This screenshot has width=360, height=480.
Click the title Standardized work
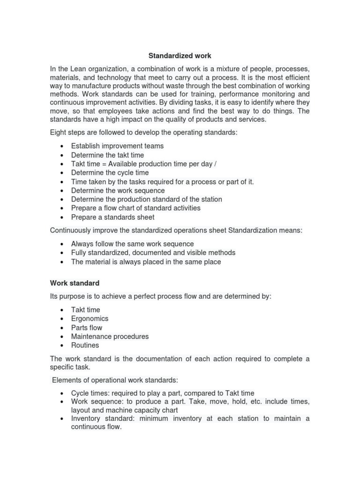click(x=180, y=56)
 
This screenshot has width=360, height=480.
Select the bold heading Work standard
click(x=75, y=283)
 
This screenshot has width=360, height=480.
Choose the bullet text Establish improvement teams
click(x=117, y=146)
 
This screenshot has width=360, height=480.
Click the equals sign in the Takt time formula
click(x=104, y=164)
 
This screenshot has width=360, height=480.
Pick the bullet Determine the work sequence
click(x=118, y=190)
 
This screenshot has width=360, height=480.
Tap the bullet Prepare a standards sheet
click(x=112, y=217)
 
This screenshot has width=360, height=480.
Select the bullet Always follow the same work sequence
click(x=132, y=244)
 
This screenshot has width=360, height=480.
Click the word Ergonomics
click(x=90, y=319)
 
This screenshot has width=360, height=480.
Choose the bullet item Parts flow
click(x=86, y=328)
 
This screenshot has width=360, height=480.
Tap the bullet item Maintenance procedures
click(x=110, y=337)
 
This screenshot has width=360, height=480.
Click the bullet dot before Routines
click(x=62, y=345)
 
